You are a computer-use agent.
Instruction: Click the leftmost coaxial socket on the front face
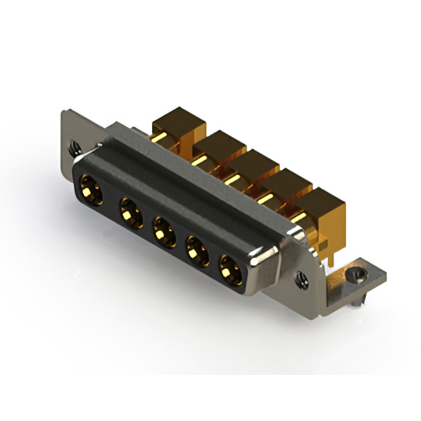pos(91,187)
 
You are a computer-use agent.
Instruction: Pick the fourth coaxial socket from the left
pos(196,251)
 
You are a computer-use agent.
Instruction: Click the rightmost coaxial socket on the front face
pos(230,270)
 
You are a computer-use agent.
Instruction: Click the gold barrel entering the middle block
pos(232,177)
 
